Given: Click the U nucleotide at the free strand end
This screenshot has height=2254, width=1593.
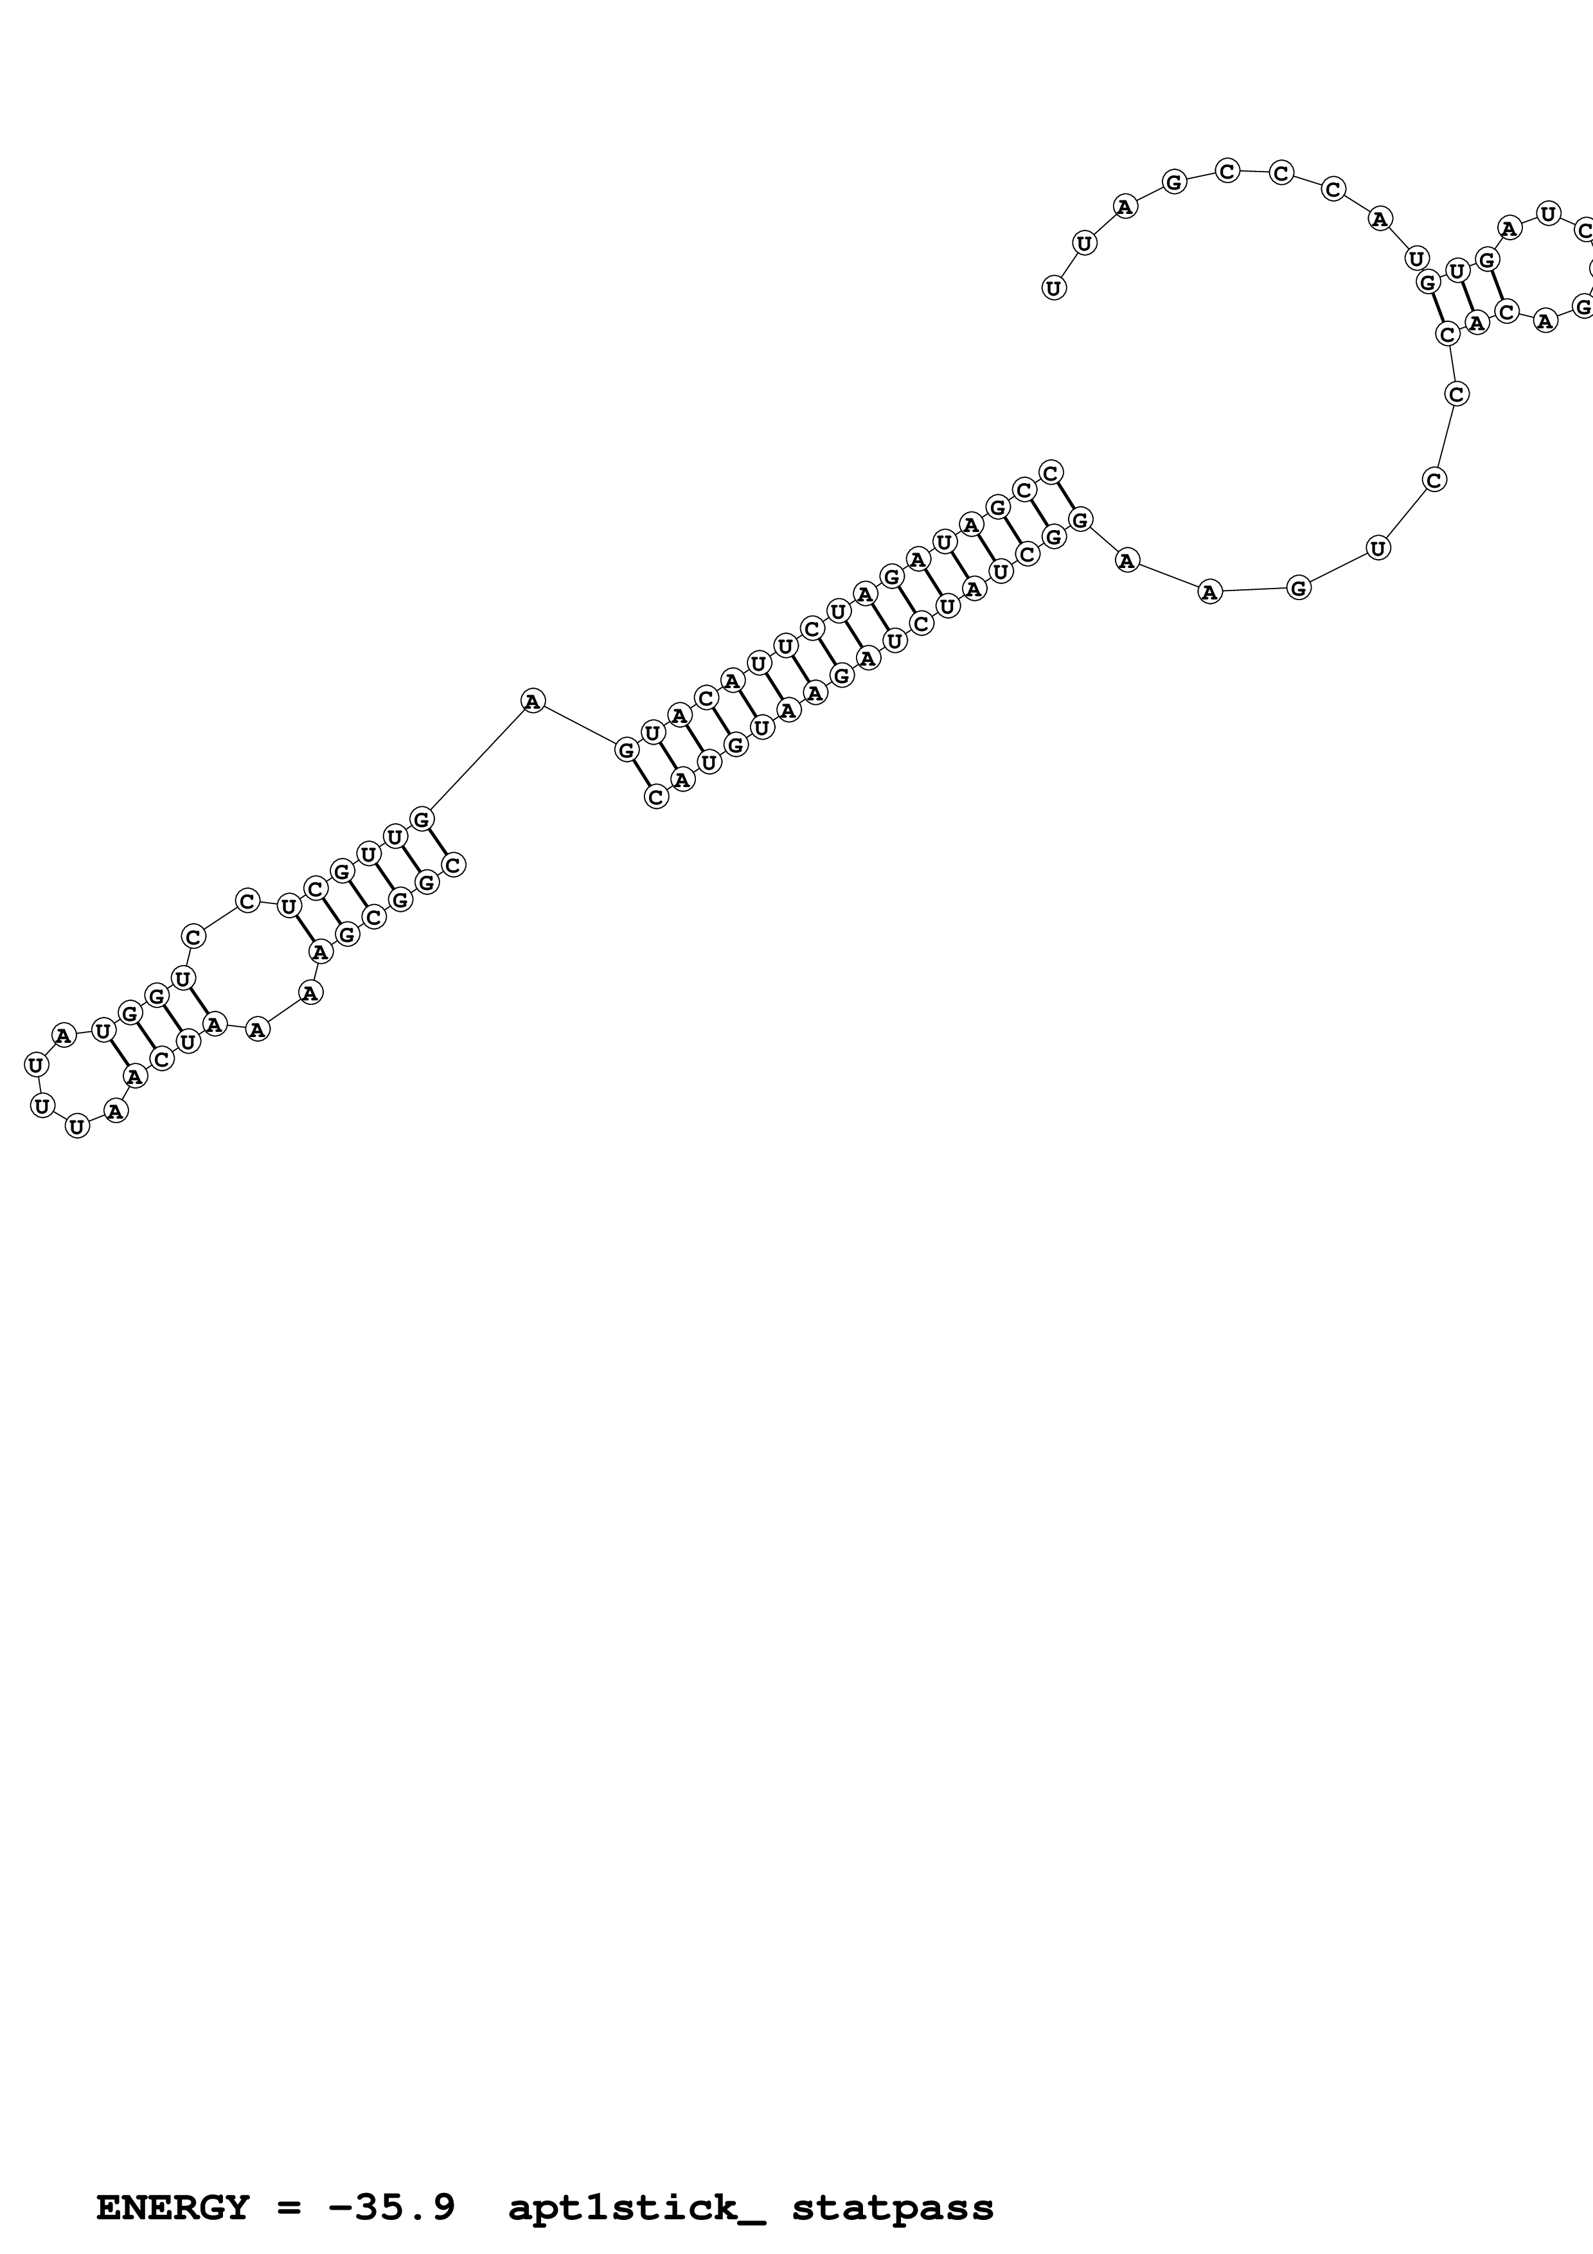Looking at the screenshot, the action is pyautogui.click(x=1053, y=288).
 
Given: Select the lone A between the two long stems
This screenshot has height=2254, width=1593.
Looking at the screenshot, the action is pyautogui.click(x=532, y=701).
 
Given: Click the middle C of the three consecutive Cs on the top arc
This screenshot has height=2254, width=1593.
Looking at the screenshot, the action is pyautogui.click(x=1280, y=173).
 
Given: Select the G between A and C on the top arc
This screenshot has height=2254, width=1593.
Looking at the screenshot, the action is pyautogui.click(x=1174, y=182).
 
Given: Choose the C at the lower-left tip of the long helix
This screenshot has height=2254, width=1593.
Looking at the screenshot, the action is pyautogui.click(x=655, y=797).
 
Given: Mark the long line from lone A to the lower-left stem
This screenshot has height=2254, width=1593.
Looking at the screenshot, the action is pyautogui.click(x=477, y=759).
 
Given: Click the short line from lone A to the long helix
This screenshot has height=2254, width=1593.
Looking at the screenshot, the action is pyautogui.click(x=579, y=725).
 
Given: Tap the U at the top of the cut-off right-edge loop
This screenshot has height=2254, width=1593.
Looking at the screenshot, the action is pyautogui.click(x=1548, y=213).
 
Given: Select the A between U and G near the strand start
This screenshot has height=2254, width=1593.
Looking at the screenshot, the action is pyautogui.click(x=1125, y=206).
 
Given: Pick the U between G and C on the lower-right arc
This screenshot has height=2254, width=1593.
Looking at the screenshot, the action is pyautogui.click(x=1378, y=548).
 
